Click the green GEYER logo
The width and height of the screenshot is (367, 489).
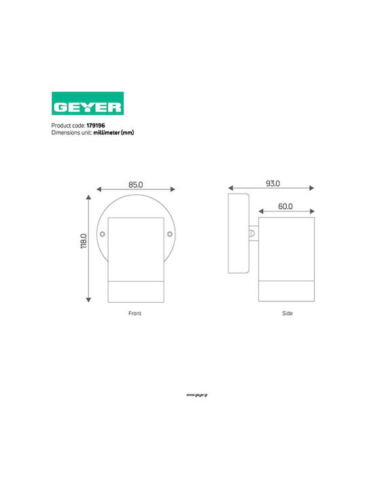(88, 103)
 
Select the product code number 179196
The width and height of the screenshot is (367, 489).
(96, 126)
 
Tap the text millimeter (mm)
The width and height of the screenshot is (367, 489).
(113, 132)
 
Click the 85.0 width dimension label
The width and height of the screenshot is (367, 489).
(136, 185)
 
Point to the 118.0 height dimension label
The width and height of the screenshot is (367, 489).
(84, 241)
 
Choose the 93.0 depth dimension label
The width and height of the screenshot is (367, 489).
(273, 183)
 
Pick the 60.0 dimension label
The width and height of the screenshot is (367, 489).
(285, 206)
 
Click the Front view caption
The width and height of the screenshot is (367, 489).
(135, 313)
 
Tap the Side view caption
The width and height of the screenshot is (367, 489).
(287, 313)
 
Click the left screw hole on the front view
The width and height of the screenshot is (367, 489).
(103, 234)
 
